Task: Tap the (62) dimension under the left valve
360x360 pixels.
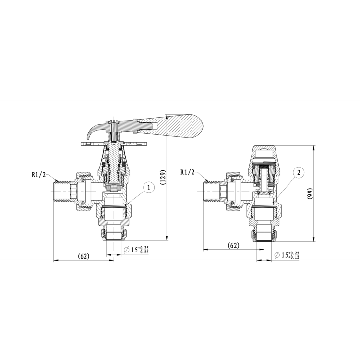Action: pos(84,256)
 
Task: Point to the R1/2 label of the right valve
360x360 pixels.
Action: pos(188,172)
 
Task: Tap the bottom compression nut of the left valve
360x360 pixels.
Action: pos(114,234)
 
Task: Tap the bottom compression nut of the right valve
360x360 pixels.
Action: pos(263,234)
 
